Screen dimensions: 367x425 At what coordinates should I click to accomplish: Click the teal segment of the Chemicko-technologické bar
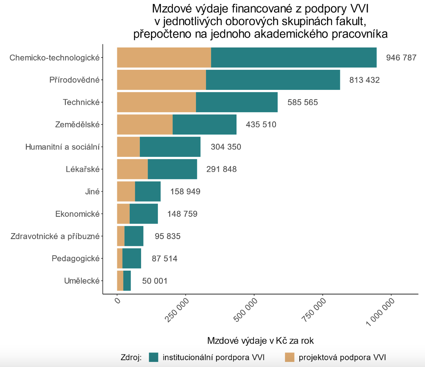[293, 57]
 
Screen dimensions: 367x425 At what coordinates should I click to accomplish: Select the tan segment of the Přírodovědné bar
[161, 80]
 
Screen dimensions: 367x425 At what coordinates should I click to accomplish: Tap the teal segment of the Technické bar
[236, 102]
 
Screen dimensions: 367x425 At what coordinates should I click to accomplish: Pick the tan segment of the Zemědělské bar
[145, 124]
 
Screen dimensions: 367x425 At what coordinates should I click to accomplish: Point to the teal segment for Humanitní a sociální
[170, 147]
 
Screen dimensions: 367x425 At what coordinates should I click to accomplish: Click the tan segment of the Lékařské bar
[132, 169]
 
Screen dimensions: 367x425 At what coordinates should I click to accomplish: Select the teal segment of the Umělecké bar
[127, 281]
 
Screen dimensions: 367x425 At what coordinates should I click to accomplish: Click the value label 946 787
[401, 58]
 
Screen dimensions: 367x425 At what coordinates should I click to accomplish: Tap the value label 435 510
[261, 125]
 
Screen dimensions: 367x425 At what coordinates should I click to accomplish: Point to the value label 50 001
[155, 281]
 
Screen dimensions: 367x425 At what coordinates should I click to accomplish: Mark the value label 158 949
[185, 192]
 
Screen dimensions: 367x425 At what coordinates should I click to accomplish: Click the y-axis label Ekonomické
[77, 214]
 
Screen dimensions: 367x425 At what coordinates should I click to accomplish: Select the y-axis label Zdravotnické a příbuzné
[55, 236]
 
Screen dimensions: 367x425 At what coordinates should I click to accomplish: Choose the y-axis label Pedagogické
[75, 259]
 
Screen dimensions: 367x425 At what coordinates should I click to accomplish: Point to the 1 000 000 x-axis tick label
[381, 312]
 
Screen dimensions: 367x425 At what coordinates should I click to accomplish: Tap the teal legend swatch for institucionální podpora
[153, 357]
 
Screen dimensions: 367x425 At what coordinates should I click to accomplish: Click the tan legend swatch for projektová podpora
[289, 357]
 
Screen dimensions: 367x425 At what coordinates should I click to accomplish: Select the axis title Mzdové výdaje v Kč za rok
[260, 341]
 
